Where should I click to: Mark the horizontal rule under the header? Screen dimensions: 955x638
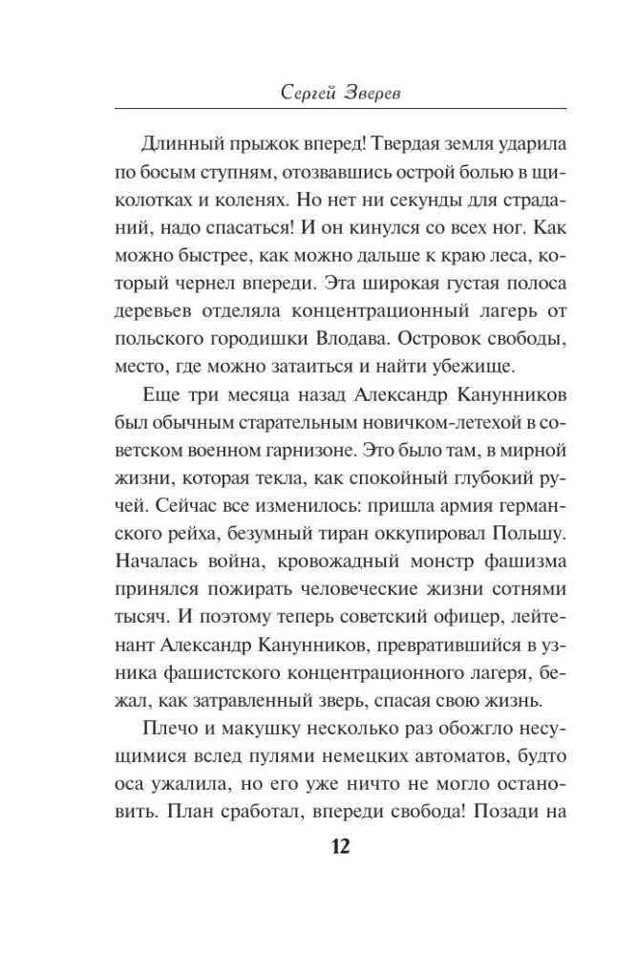tap(340, 114)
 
